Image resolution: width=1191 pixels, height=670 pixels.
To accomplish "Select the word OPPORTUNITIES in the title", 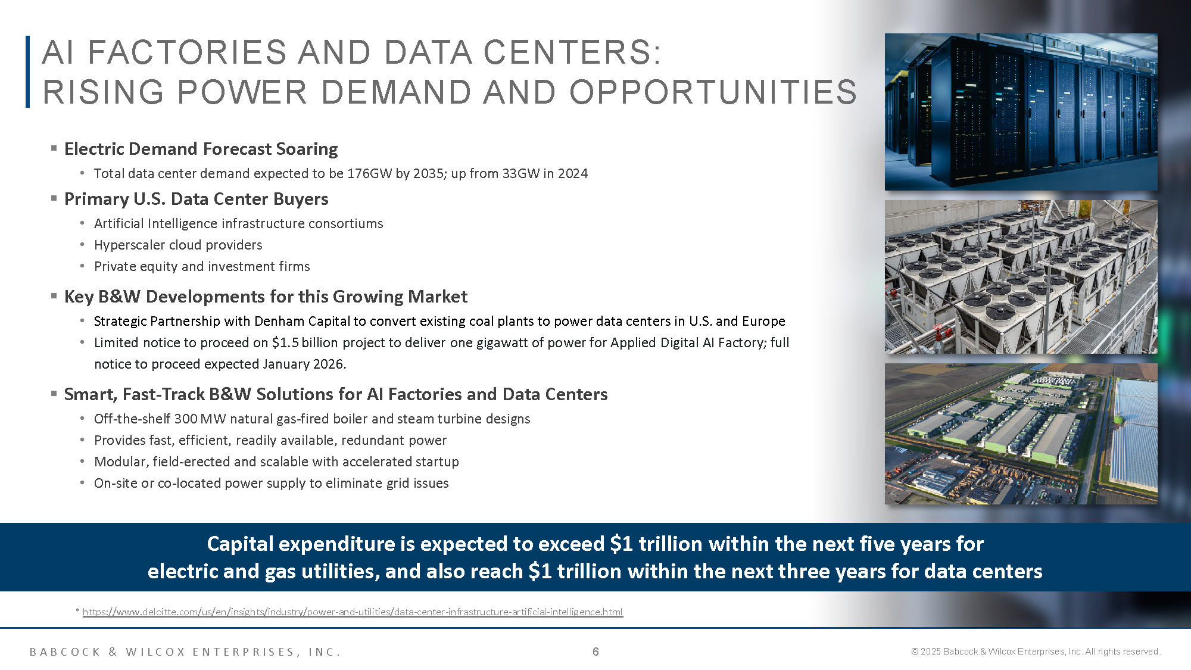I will click(x=713, y=93).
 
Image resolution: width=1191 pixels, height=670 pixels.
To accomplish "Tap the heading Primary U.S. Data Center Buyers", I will click(x=196, y=199).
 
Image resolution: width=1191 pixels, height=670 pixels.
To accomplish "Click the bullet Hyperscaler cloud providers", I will click(x=178, y=245).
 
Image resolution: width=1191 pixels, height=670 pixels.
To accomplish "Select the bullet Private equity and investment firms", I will click(x=202, y=266).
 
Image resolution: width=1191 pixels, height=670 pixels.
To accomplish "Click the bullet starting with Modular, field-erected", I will click(x=276, y=462).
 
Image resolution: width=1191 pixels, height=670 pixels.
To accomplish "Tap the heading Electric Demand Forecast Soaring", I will click(x=201, y=149).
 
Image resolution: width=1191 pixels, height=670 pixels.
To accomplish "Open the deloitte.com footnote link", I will click(x=353, y=612).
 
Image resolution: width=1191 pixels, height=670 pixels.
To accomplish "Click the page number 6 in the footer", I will click(x=595, y=652).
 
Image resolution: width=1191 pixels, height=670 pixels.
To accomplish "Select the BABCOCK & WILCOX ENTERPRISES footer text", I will click(x=185, y=652).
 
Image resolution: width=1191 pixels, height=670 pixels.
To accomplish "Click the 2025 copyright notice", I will click(x=1036, y=652).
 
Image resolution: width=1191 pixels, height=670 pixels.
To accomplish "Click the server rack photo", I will click(x=1021, y=112).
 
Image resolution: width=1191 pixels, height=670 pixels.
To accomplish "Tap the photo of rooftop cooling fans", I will click(x=1021, y=277).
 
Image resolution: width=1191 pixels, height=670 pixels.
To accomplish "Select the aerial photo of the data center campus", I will click(x=1021, y=434).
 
